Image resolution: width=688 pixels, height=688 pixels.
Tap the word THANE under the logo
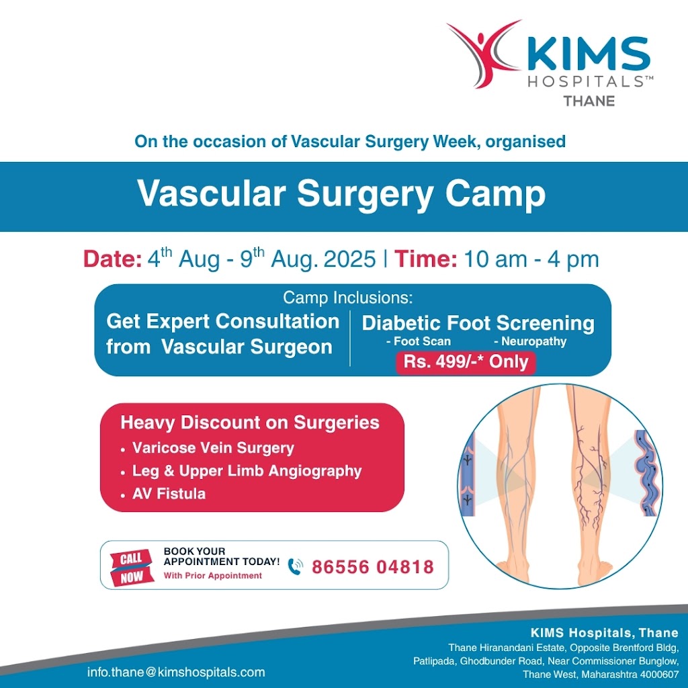[x=589, y=101]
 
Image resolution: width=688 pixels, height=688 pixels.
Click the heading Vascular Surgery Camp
[x=341, y=193]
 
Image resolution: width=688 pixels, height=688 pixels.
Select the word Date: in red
[x=112, y=259]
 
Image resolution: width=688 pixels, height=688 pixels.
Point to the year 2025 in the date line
[x=349, y=259]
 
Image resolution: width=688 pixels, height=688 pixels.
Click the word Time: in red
[x=425, y=259]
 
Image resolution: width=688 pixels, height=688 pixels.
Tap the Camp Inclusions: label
[x=348, y=298]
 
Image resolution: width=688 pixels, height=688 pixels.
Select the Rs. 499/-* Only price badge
[x=466, y=362]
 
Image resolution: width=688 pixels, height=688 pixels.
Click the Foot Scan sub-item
[x=418, y=341]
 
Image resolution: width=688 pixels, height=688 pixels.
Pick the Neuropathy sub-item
[x=530, y=341]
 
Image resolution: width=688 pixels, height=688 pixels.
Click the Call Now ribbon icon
[x=132, y=567]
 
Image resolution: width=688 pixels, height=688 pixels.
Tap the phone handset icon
[x=296, y=567]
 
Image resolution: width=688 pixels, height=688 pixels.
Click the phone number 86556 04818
[x=373, y=567]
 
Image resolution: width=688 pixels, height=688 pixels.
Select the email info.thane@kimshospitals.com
[x=176, y=672]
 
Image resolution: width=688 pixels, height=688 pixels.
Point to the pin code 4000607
[x=660, y=675]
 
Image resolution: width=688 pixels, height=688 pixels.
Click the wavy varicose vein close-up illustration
[x=646, y=473]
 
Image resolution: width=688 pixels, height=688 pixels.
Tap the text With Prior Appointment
[x=213, y=576]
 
